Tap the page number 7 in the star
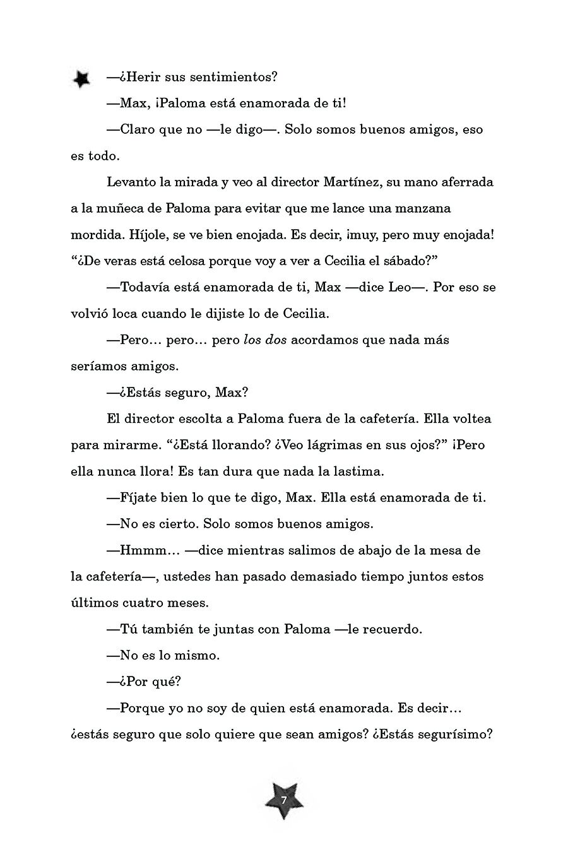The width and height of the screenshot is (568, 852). tap(284, 800)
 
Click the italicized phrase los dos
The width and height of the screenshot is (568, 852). tap(265, 340)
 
